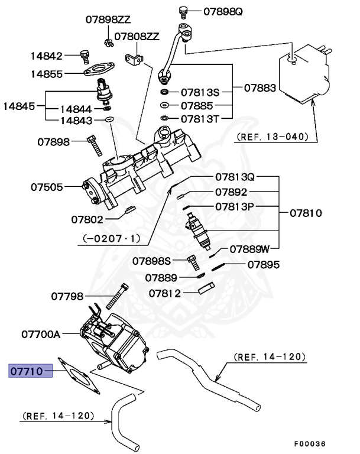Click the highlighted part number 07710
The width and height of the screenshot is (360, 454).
pyautogui.click(x=25, y=371)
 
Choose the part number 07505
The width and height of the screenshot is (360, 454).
pyautogui.click(x=47, y=187)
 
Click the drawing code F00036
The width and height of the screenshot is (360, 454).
pyautogui.click(x=310, y=443)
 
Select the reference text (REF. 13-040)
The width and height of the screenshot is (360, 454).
pyautogui.click(x=273, y=137)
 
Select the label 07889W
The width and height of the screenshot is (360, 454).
pyautogui.click(x=249, y=249)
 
